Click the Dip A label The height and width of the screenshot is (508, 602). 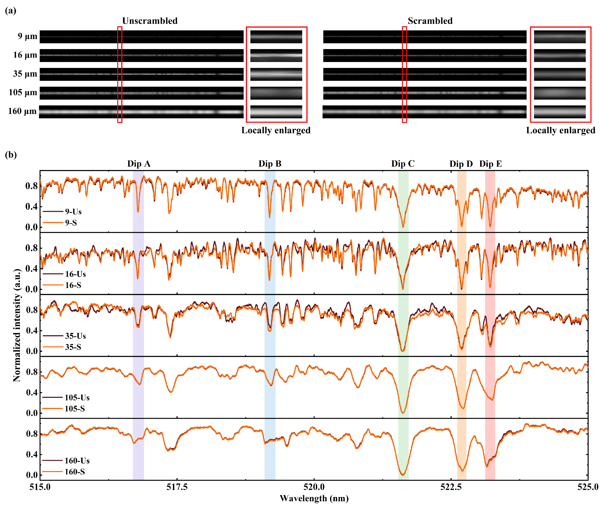click(x=139, y=164)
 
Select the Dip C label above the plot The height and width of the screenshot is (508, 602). click(x=403, y=164)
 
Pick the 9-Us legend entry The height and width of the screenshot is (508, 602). click(x=73, y=212)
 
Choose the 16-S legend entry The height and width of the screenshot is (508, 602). click(x=73, y=285)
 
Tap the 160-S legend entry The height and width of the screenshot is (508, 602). click(x=75, y=472)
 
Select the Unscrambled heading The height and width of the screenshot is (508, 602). click(x=150, y=21)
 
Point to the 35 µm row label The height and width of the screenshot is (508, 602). click(x=25, y=74)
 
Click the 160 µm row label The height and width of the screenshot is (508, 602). click(x=22, y=111)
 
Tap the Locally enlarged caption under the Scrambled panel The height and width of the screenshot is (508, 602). click(x=560, y=130)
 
